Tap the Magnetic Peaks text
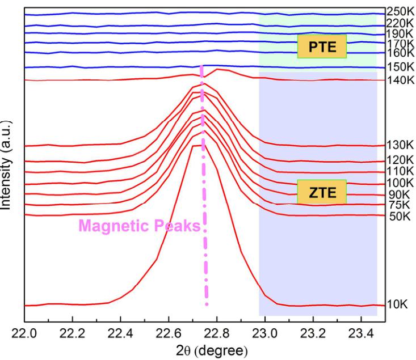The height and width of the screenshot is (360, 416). (x=140, y=226)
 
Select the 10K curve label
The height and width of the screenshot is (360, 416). (x=397, y=305)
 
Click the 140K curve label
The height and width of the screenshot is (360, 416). (x=400, y=80)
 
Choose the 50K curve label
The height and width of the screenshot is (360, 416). (x=397, y=216)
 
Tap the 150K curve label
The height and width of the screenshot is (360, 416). (x=400, y=67)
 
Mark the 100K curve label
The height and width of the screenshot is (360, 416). (x=400, y=183)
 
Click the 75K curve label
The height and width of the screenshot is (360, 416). (x=397, y=205)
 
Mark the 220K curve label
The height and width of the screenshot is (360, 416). (x=400, y=23)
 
